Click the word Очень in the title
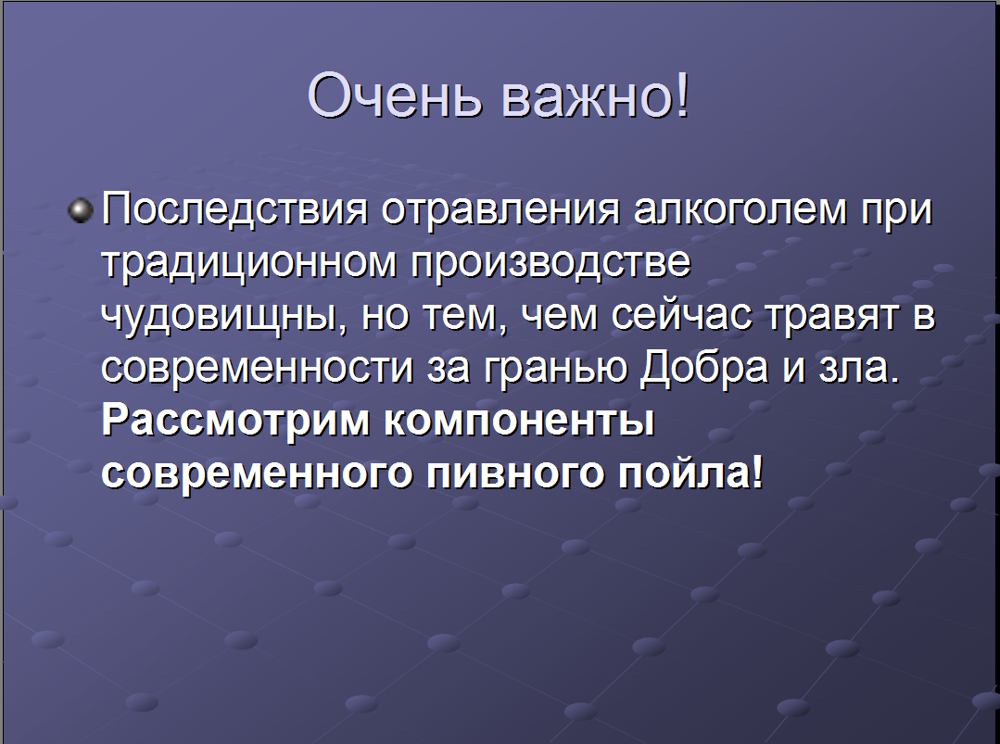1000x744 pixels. point(394,95)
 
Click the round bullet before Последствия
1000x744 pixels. point(81,209)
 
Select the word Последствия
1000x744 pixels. point(234,208)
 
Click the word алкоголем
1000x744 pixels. point(741,209)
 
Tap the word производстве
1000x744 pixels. point(550,264)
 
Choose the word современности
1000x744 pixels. point(257,369)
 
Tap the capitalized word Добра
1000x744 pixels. point(703,369)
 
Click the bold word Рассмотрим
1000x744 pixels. point(235,422)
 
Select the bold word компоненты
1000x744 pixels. point(519,422)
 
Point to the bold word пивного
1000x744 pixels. point(514,474)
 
